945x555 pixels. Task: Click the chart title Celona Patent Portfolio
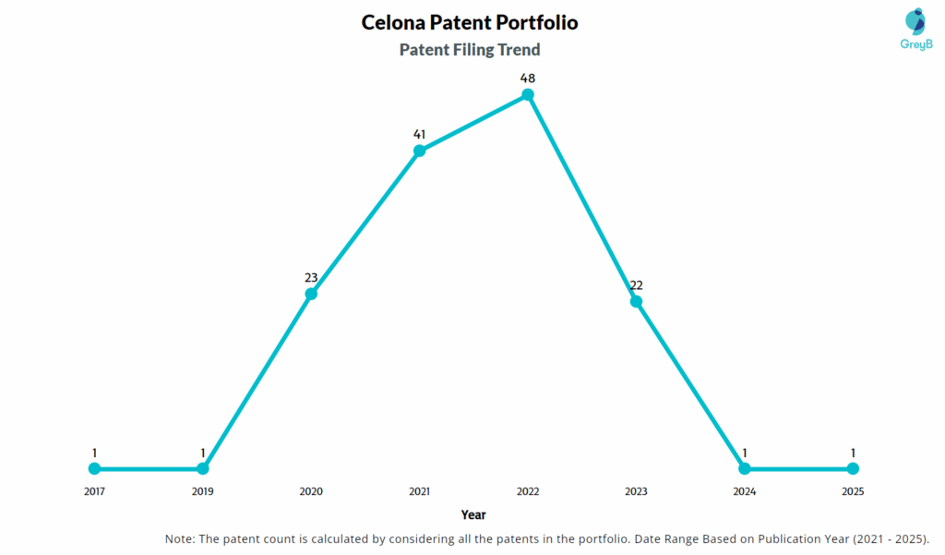[470, 21]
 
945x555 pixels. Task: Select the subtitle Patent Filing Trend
[470, 50]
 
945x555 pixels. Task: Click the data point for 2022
[528, 95]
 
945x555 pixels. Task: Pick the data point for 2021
[419, 151]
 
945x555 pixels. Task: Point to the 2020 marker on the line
[311, 294]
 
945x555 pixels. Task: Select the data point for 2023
[636, 301]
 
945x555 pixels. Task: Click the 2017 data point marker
[94, 468]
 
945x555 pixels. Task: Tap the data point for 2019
[203, 468]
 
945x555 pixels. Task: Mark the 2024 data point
[745, 468]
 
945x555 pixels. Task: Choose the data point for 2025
[853, 468]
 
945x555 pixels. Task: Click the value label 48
[528, 78]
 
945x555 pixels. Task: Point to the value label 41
[419, 134]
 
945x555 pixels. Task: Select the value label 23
[311, 277]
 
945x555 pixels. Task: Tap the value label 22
[636, 284]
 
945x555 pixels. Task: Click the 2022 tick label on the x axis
[528, 491]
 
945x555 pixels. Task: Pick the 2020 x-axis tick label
[311, 491]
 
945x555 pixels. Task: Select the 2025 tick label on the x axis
[853, 491]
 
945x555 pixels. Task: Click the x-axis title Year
[473, 514]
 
